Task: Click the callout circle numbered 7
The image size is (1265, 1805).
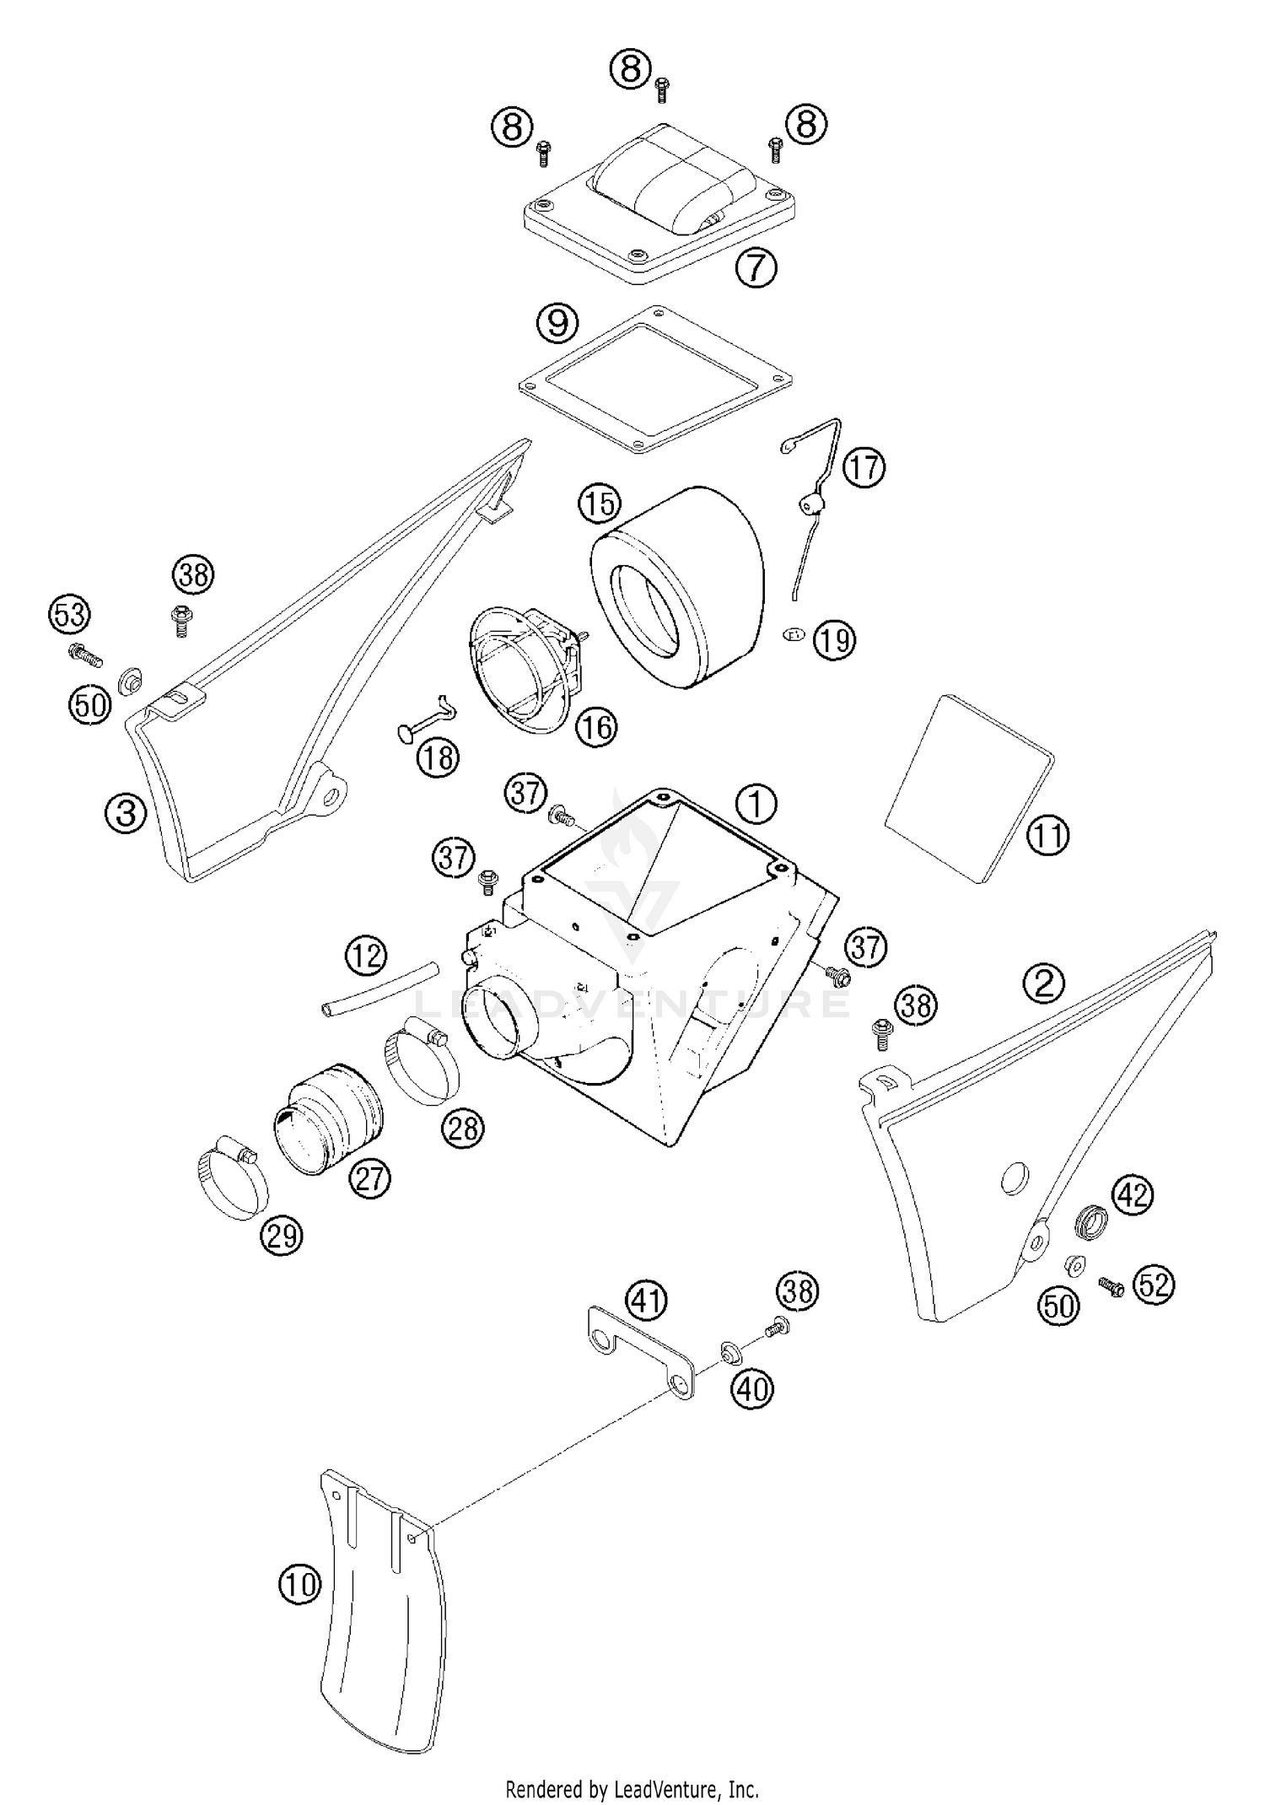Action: tap(755, 268)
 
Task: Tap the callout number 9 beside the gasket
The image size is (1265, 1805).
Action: tap(557, 323)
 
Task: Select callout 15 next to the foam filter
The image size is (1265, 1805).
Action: tap(599, 504)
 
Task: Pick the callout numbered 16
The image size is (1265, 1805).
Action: tap(596, 726)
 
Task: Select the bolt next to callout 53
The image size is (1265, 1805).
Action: tap(84, 654)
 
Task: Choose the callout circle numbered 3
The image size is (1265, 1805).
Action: tap(126, 814)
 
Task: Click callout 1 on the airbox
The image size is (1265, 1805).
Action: tap(756, 804)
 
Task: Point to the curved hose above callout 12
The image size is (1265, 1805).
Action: tap(380, 989)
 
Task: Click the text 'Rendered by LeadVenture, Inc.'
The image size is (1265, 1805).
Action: tap(632, 1788)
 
